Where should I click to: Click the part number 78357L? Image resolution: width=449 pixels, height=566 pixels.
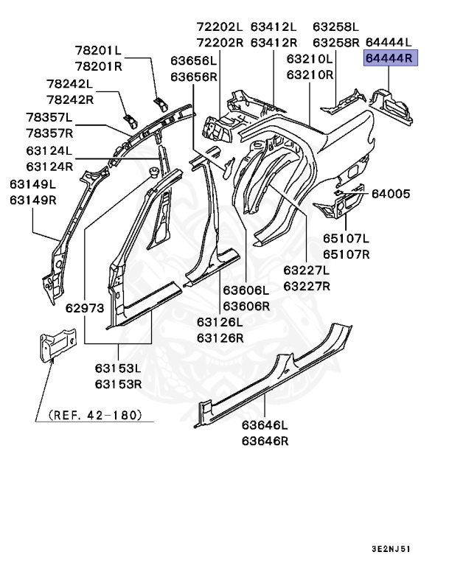click(x=49, y=118)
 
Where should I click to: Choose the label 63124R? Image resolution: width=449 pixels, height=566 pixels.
click(x=49, y=167)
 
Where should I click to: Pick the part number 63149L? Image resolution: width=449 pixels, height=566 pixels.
click(x=32, y=184)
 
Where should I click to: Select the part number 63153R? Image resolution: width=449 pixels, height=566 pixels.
click(x=118, y=383)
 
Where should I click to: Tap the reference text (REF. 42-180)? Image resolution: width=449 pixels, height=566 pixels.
click(x=94, y=416)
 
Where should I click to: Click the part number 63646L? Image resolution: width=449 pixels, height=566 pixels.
click(x=265, y=426)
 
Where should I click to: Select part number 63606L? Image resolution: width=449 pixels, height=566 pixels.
click(x=246, y=291)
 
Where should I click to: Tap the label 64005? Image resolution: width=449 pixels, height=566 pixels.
click(x=391, y=194)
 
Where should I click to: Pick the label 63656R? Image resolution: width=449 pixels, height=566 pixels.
click(x=194, y=77)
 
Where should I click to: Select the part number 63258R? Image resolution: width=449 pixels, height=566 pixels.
click(x=335, y=42)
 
